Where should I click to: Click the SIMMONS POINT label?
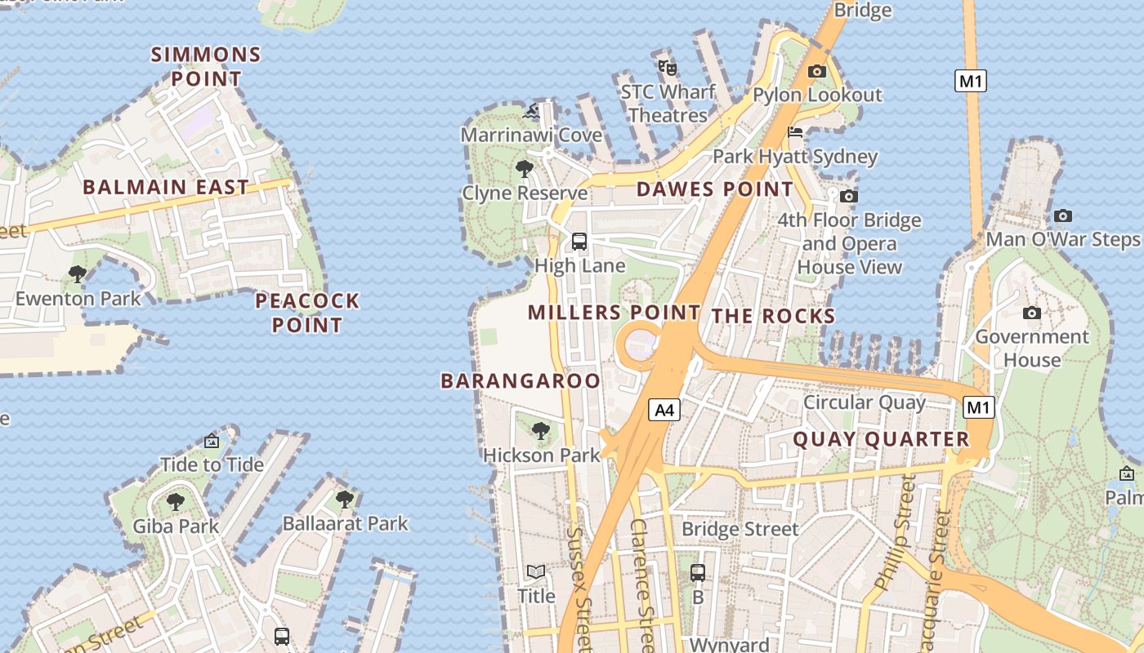(206, 67)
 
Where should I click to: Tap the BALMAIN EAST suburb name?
(166, 187)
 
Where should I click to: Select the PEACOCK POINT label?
(307, 313)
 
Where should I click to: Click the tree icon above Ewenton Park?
(78, 274)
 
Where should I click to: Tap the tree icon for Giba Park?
(176, 501)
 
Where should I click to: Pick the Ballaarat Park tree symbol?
(345, 498)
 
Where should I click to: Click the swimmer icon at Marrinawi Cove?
(532, 111)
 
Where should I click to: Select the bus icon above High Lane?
(579, 241)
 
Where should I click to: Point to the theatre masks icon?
(668, 67)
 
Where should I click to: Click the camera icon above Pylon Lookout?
(816, 71)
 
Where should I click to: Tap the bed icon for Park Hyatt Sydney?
(795, 132)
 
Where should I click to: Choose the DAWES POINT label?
(714, 189)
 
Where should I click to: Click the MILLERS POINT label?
(614, 312)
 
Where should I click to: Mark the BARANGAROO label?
(521, 380)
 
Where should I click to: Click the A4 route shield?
(664, 410)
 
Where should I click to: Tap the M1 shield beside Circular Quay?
(978, 407)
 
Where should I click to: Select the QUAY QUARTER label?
(881, 439)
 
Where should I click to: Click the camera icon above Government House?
(1032, 313)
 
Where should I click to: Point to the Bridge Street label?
(740, 529)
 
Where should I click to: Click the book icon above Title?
(536, 572)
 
